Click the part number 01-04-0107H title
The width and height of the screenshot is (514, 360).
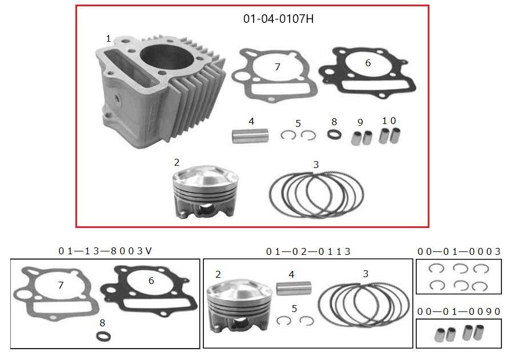[278, 19]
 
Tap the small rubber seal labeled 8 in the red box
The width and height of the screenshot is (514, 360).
[334, 136]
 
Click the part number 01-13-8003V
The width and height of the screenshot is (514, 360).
[105, 251]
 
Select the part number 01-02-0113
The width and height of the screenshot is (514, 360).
[308, 251]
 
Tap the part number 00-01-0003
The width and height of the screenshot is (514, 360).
[459, 251]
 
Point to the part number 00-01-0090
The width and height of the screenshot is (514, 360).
[459, 311]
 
